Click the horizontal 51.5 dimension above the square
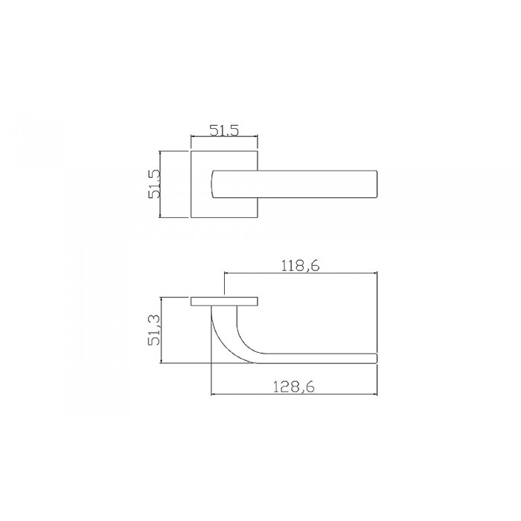click(x=223, y=131)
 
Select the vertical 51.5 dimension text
click(x=155, y=184)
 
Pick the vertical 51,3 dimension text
click(x=155, y=330)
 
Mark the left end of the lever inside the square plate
click(x=215, y=184)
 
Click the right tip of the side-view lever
click(x=377, y=359)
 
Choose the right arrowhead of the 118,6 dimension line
click(x=376, y=274)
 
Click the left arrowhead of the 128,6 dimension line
click(x=214, y=394)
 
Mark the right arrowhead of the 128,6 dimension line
click(x=376, y=394)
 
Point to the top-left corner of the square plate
click(x=191, y=152)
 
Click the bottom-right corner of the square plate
click(x=258, y=218)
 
